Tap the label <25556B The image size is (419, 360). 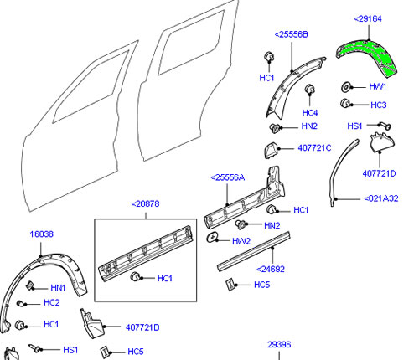tap(291, 34)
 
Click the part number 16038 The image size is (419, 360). tap(42, 235)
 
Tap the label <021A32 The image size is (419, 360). tap(386, 199)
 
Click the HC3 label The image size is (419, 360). tap(378, 105)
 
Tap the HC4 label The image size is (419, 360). tap(310, 113)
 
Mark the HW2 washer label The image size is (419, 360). tap(241, 241)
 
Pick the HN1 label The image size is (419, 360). tap(59, 287)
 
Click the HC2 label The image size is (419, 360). tap(52, 302)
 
